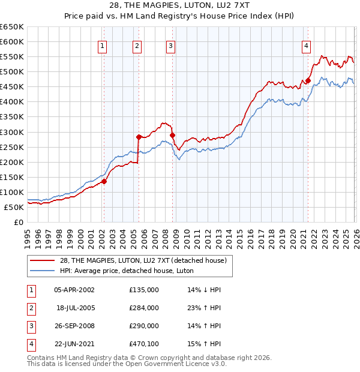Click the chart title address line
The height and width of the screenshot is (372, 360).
point(180,5)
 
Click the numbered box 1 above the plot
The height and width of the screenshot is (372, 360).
point(103,45)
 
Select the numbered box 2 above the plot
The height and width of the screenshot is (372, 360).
point(137,45)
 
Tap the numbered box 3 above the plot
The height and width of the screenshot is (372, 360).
point(170,45)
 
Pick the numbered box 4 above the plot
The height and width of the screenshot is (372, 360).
point(306,45)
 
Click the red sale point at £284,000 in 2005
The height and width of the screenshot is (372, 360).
point(139,136)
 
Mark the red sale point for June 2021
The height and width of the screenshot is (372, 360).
point(308,80)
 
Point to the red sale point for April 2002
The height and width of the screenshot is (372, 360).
point(104,181)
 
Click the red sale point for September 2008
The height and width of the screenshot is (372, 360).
point(173,135)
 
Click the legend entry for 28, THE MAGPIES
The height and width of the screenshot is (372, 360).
point(143,260)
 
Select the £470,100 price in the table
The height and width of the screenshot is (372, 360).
point(144,344)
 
